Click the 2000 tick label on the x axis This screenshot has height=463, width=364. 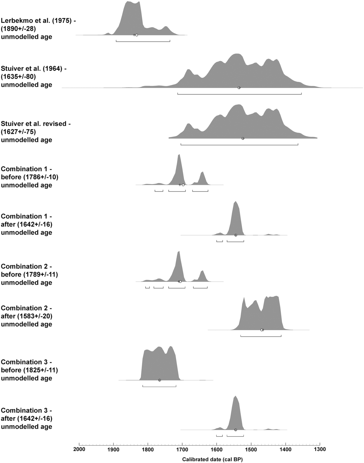coord(79,449)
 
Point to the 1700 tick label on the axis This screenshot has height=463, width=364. coord(182,449)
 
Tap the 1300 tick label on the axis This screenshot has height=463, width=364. coord(320,449)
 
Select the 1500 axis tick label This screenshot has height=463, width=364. coord(251,449)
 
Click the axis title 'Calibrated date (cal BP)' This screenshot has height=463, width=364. coord(212,459)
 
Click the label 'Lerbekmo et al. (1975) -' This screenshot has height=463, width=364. coord(38,20)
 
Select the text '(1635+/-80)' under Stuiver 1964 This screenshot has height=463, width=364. coord(18,77)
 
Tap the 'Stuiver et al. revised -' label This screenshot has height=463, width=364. coord(36,124)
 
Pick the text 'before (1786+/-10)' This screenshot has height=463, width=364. coord(27,177)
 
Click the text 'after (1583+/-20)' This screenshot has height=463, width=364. coord(26,316)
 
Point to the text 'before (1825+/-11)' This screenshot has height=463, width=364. coord(27,370)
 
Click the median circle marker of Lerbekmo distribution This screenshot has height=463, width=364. coord(136,35)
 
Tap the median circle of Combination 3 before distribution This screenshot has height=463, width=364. coord(159,380)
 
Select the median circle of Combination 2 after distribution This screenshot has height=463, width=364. coord(262,330)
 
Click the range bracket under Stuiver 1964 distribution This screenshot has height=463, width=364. coord(239,93)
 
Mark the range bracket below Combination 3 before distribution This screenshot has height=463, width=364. coord(159,386)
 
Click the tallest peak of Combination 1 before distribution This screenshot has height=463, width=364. coord(179,155)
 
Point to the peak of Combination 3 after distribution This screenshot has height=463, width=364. coord(235,397)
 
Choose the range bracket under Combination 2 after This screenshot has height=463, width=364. coord(261,336)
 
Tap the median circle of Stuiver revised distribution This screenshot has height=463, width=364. coord(243,138)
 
